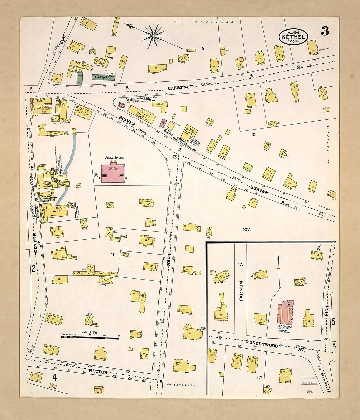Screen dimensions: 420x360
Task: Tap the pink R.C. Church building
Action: pyautogui.click(x=285, y=312)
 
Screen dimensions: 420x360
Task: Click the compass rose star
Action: pyautogui.click(x=153, y=35)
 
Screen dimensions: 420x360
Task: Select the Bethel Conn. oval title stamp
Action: pyautogui.click(x=293, y=37)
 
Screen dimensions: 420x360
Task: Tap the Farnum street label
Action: pyautogui.click(x=241, y=290)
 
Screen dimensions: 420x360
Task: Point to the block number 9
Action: pyautogui.click(x=203, y=49)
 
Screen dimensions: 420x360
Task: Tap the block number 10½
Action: pyautogui.click(x=247, y=229)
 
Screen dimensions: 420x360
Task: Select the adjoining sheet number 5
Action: pyautogui.click(x=333, y=322)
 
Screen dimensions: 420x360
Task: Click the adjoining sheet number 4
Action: pyautogui.click(x=54, y=377)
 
